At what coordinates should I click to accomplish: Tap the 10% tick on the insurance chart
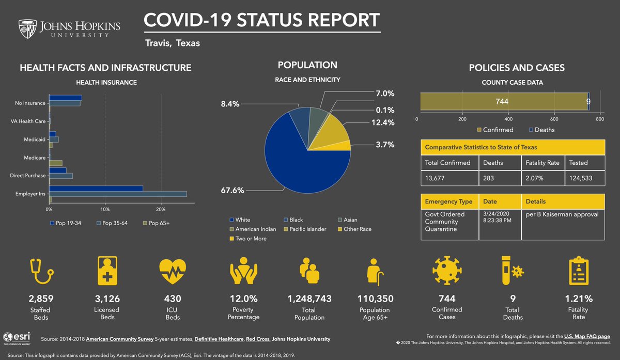(x=105, y=210)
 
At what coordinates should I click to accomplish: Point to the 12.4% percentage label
(x=383, y=122)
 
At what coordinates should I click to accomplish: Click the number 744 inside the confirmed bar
(x=502, y=102)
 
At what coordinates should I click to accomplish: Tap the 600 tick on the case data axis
(x=554, y=119)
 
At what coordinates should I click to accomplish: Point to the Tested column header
(x=578, y=162)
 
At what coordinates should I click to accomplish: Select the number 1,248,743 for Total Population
(x=309, y=299)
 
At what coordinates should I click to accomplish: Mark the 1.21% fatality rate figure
(x=578, y=299)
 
